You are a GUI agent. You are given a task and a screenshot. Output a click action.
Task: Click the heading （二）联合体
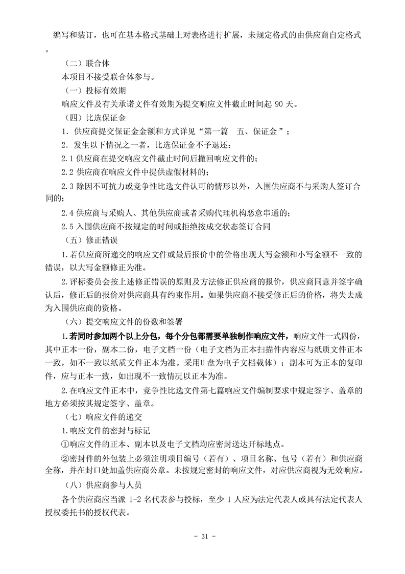[x=86, y=64]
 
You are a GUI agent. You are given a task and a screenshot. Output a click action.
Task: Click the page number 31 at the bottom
[x=203, y=537]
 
